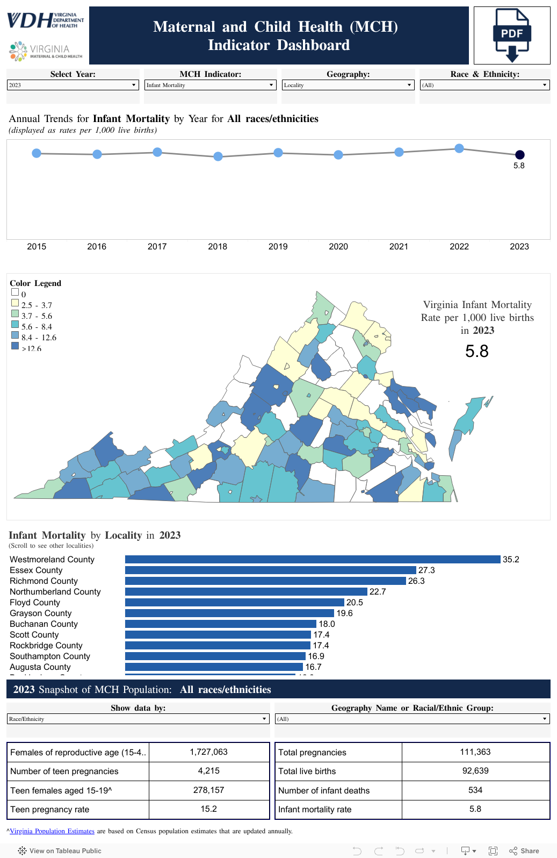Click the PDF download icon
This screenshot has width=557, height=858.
click(512, 35)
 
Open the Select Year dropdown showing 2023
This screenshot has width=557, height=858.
click(73, 85)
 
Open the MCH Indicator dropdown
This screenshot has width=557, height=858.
click(211, 85)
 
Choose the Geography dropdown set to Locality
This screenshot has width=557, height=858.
click(348, 85)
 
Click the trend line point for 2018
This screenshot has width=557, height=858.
click(218, 156)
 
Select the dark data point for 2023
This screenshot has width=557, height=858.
click(520, 155)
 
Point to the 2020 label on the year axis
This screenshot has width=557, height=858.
click(338, 247)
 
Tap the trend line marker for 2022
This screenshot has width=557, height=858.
click(459, 148)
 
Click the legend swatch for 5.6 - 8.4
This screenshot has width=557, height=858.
click(15, 325)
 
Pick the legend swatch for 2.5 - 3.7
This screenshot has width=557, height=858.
click(15, 303)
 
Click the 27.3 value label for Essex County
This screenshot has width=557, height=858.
click(426, 570)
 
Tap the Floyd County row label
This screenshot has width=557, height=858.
click(35, 603)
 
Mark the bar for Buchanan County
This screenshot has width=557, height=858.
click(220, 624)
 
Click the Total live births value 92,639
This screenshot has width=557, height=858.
click(475, 771)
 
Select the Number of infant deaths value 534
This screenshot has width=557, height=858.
click(475, 790)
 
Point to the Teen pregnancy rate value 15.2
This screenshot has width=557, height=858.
click(208, 809)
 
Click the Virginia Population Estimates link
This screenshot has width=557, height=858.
click(52, 831)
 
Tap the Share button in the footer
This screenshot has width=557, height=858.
click(524, 851)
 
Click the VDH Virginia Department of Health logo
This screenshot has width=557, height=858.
click(46, 20)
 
